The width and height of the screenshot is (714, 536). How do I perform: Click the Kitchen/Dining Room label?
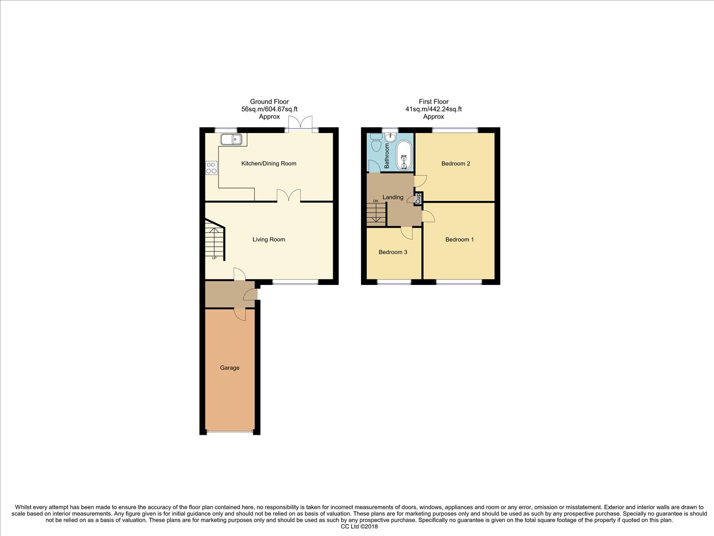point(269,163)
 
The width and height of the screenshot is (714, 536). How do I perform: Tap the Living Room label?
point(269,239)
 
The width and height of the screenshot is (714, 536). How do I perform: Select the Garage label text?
point(230,368)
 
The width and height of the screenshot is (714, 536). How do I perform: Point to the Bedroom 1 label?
point(459,239)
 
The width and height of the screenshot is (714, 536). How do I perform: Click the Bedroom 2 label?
point(455,163)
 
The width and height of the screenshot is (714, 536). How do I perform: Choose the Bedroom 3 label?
point(393,252)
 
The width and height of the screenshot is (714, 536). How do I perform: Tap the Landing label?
point(393,197)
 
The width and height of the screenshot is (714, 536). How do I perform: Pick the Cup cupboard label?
point(418,199)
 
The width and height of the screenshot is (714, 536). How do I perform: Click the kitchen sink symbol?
point(231,139)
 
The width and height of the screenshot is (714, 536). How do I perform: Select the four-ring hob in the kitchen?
point(212,168)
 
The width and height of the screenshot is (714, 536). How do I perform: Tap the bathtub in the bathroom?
point(404,156)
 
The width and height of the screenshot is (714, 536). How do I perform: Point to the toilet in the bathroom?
point(375,144)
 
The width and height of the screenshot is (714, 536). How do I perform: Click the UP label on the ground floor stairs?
point(214,258)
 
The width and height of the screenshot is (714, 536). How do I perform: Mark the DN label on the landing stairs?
point(375,201)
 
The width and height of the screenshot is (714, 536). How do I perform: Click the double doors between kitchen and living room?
point(289,196)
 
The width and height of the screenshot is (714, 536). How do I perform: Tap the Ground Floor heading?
point(269,102)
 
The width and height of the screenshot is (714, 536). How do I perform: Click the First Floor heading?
point(433,102)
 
